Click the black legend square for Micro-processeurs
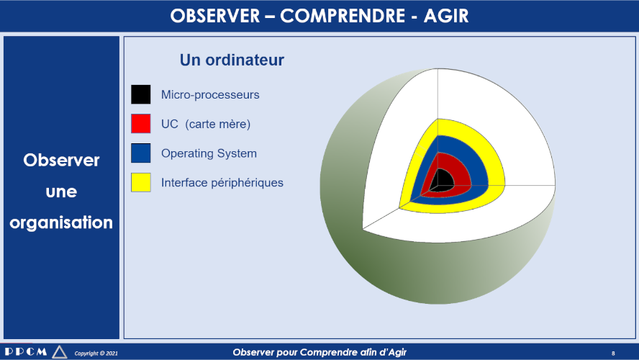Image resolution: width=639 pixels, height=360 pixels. point(140,94)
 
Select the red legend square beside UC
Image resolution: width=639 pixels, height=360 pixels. point(140,124)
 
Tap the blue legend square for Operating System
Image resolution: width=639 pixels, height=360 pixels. point(140,153)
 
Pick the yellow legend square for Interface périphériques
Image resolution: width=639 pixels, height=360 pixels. point(140,182)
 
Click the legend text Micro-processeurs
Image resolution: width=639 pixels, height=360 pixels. point(210,94)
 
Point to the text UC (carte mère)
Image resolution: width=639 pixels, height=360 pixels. point(206,124)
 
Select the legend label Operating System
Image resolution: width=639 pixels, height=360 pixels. point(209,153)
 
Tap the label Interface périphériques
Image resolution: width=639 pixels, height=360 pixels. point(222,183)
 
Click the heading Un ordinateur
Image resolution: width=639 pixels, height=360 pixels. point(232,60)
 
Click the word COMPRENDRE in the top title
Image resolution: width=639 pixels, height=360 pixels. point(343,17)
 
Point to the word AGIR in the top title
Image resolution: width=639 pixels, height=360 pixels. point(446,17)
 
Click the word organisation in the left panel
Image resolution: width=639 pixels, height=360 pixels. point(61,222)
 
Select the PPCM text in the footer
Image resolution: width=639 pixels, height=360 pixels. point(26,351)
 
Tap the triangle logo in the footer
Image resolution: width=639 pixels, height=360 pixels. point(60,352)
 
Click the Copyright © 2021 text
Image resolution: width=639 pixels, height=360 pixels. point(96,353)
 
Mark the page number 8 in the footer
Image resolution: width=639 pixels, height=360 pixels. point(613,354)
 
